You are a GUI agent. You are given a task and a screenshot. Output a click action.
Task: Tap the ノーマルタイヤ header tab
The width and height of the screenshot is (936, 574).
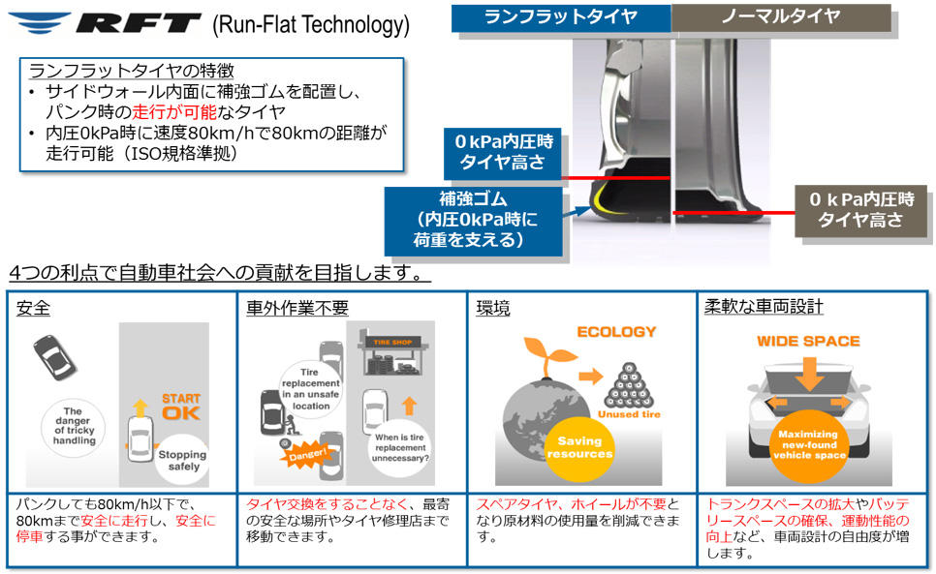(x=781, y=17)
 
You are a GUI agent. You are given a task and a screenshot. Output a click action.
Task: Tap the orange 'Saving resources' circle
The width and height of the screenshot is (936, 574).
(x=579, y=447)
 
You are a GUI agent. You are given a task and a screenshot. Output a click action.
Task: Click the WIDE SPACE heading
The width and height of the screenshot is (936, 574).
(x=808, y=341)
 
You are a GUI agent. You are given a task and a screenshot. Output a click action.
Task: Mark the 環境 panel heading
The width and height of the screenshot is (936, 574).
(x=493, y=308)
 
